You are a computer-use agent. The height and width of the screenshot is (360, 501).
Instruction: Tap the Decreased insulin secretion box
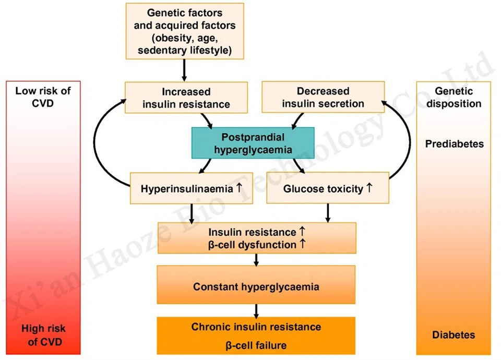click(323, 98)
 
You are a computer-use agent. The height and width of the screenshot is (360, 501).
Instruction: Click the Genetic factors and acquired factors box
click(184, 31)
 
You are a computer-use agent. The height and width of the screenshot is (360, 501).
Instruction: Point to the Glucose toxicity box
click(327, 188)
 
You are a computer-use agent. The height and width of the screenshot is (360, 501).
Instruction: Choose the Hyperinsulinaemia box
click(191, 188)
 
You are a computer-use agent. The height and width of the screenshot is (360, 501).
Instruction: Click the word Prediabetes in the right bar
click(454, 143)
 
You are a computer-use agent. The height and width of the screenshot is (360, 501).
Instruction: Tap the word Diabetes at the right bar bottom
click(454, 334)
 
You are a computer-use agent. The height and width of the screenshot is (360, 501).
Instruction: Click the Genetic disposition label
click(454, 97)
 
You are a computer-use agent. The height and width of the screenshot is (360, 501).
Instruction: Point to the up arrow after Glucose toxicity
click(369, 188)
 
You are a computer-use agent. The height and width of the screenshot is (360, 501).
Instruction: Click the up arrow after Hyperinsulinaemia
click(239, 188)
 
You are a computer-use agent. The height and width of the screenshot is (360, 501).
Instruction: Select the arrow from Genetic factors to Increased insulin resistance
click(184, 69)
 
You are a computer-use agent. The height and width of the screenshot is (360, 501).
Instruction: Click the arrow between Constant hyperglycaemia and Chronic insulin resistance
click(256, 310)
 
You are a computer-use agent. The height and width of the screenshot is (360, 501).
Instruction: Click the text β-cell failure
click(256, 345)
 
